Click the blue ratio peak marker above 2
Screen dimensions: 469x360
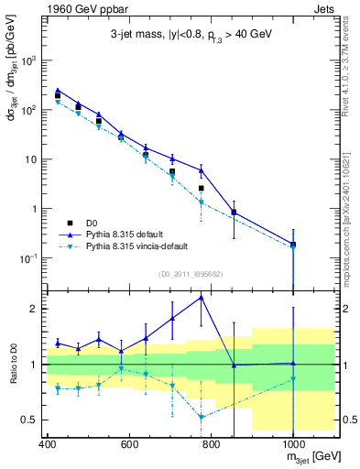tap(202, 297)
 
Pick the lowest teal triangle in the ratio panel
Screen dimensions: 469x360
tap(202, 417)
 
